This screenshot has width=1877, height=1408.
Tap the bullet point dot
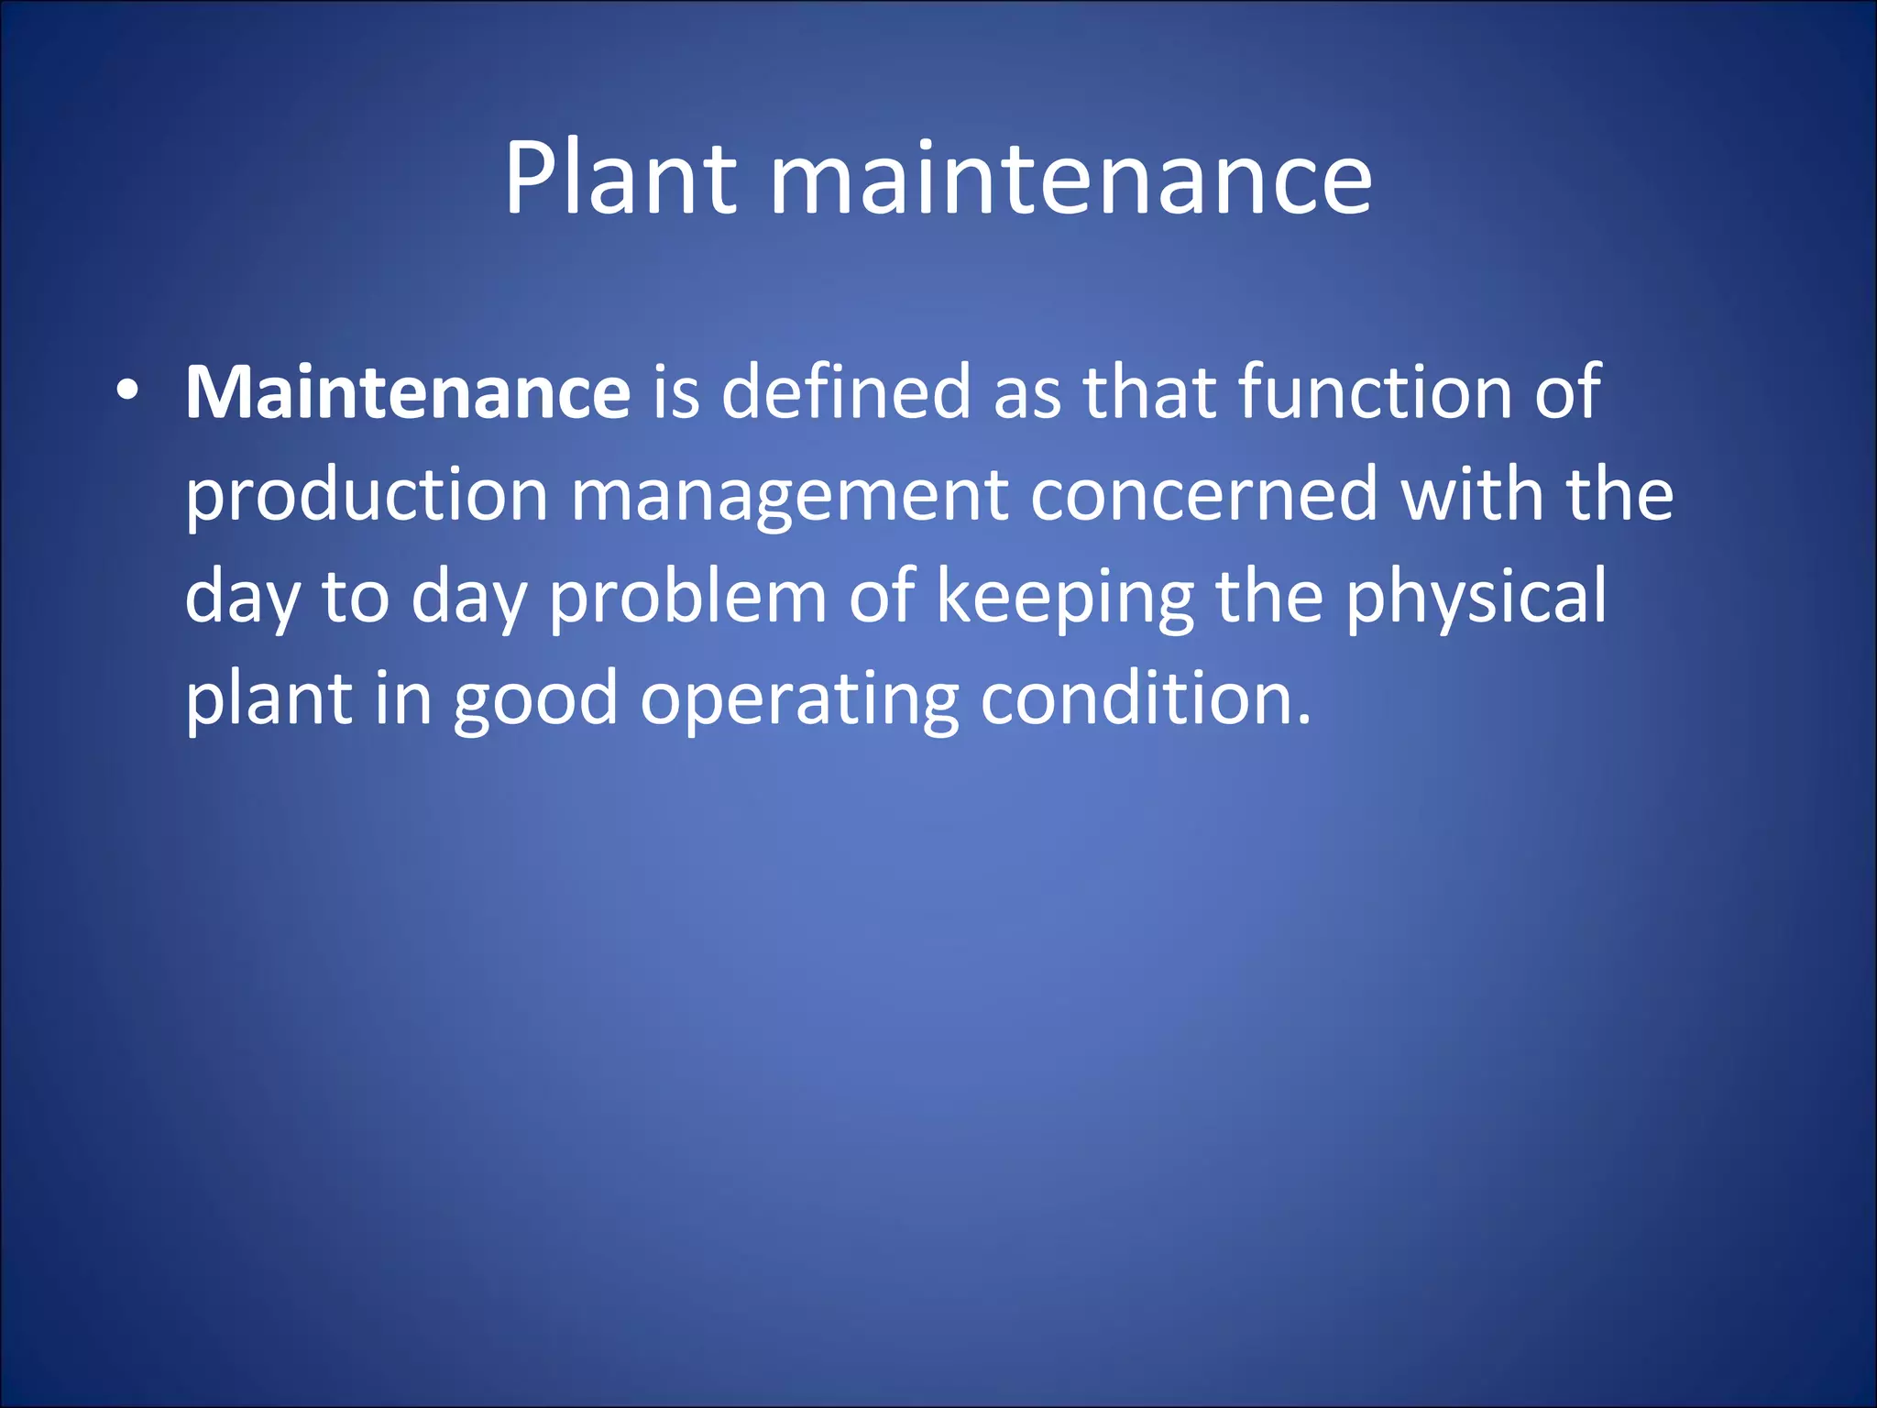point(127,392)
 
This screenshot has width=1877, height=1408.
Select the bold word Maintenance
point(408,392)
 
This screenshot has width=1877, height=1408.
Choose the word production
point(367,495)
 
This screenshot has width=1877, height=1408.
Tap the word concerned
point(1204,495)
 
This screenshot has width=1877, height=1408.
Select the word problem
point(687,598)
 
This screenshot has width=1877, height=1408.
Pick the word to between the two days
point(356,598)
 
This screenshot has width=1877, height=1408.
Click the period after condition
point(1304,720)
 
